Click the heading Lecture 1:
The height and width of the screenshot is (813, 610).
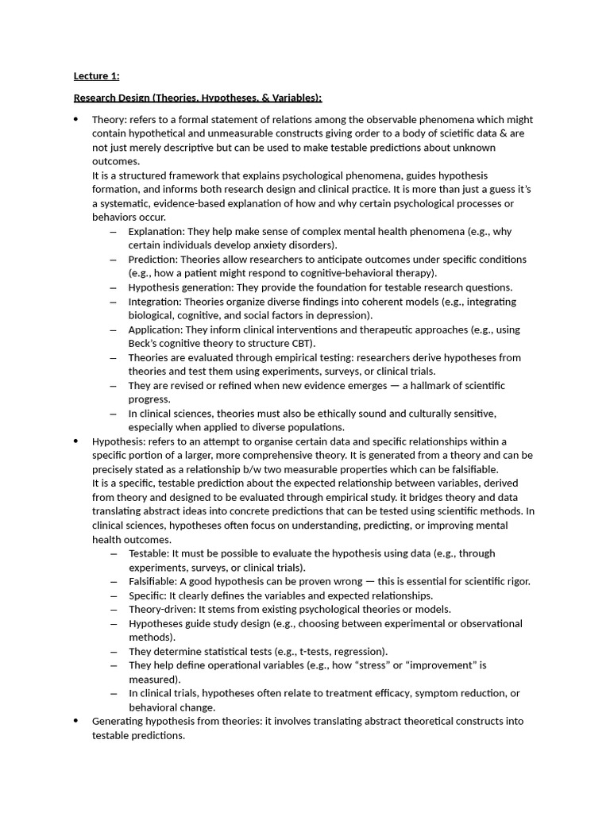(x=96, y=76)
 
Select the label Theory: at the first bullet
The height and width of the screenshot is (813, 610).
(x=109, y=119)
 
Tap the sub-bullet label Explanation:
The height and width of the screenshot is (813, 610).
(x=156, y=231)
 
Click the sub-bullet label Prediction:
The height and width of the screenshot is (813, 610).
(x=154, y=260)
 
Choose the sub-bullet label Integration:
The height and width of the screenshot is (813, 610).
(x=156, y=302)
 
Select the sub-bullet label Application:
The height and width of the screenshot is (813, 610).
(x=156, y=329)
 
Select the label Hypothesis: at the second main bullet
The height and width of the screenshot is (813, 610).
(x=117, y=441)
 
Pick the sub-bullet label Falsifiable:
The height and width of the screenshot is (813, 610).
(x=153, y=582)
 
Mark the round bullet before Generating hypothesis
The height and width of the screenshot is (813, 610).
(x=75, y=721)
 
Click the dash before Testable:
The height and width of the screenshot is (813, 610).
(x=114, y=553)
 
